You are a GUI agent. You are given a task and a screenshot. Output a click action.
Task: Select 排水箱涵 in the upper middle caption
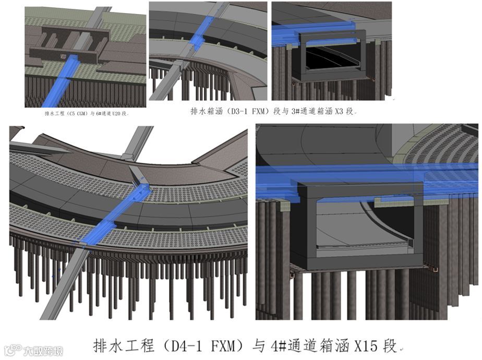tap(208, 111)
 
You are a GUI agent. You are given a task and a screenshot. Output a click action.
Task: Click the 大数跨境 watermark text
tap(45, 351)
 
